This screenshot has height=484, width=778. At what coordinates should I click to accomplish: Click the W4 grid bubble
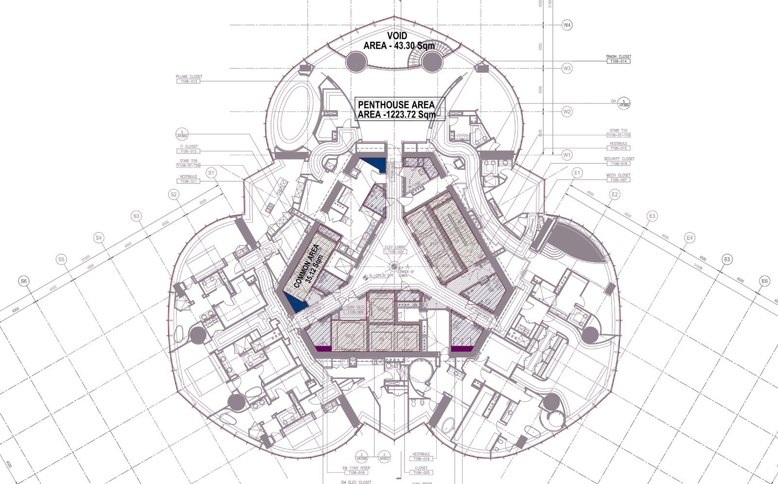click(567, 25)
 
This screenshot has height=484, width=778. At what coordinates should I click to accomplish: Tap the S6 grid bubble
click(23, 281)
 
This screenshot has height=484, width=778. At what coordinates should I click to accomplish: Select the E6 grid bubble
click(765, 281)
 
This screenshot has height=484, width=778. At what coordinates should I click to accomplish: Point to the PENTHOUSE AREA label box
click(396, 109)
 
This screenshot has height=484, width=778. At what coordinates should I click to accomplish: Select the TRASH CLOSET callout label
click(618, 59)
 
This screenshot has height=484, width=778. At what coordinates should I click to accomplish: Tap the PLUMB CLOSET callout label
click(189, 79)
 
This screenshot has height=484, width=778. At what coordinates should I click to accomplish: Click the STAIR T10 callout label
click(618, 133)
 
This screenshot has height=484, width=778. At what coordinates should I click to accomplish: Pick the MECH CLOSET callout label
click(618, 178)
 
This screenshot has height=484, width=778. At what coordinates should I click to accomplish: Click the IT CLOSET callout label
click(189, 149)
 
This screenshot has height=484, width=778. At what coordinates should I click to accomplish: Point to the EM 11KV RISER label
click(356, 470)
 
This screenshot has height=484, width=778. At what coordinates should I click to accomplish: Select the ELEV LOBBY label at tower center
click(394, 250)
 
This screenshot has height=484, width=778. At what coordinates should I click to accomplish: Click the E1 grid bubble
click(577, 173)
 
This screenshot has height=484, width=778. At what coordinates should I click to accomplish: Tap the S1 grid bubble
click(211, 173)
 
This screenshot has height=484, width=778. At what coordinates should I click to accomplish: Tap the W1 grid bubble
click(567, 155)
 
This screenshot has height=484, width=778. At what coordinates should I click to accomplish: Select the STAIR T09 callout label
click(189, 163)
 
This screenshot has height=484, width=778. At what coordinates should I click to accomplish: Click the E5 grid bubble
click(727, 259)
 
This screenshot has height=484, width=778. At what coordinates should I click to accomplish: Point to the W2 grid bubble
click(567, 111)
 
